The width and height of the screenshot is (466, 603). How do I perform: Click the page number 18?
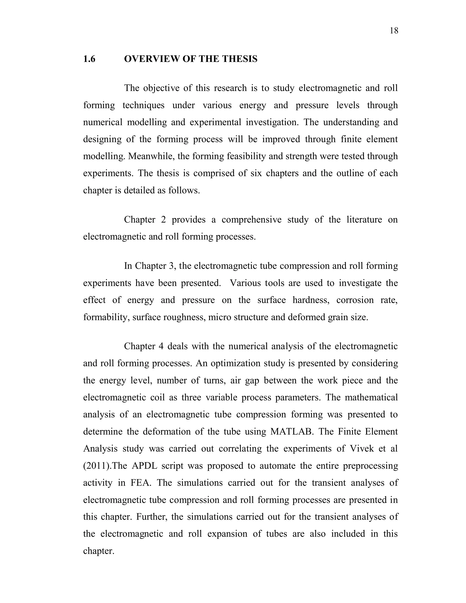(x=394, y=31)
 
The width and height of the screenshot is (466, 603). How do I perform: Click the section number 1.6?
(x=89, y=59)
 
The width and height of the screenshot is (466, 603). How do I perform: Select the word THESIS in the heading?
(x=240, y=59)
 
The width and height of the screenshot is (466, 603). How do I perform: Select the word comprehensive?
(x=251, y=220)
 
